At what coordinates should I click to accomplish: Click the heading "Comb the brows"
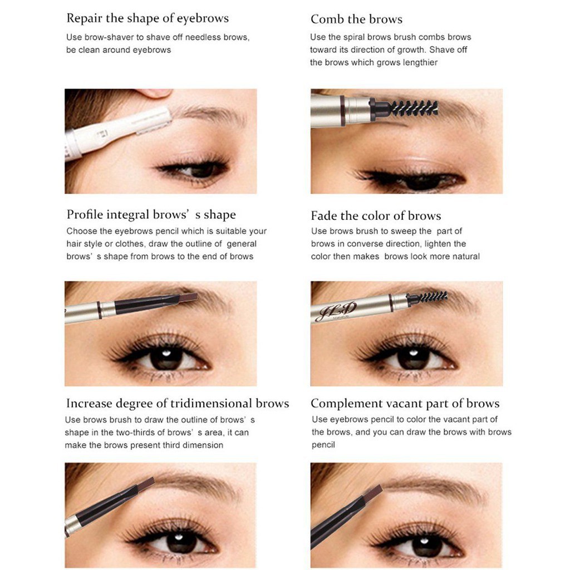[356, 19]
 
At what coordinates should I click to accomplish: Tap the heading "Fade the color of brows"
[376, 215]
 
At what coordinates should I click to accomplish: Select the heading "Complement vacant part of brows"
[405, 404]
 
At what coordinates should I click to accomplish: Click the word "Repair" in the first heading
[84, 18]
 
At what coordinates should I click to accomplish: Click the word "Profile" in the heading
[85, 214]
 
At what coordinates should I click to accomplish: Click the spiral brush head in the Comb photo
[414, 108]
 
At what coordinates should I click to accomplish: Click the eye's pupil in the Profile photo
[166, 358]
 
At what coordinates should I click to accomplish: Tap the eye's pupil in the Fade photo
[413, 358]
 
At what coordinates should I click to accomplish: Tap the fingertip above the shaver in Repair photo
[156, 94]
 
